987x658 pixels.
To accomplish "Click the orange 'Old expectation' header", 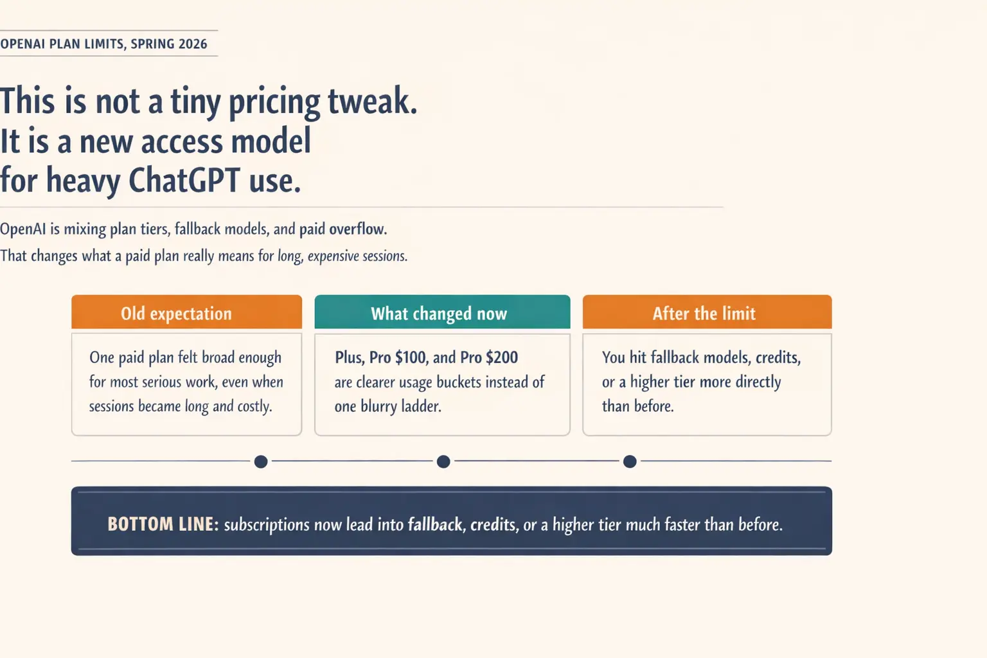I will tap(186, 312).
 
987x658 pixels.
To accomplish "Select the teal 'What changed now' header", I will tap(442, 312).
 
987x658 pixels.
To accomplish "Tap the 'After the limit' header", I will tap(707, 312).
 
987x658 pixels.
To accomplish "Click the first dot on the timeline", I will tap(261, 461).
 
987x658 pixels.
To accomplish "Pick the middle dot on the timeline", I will tap(443, 461).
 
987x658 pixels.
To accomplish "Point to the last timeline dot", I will tap(630, 461).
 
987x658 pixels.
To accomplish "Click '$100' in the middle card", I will tap(410, 357).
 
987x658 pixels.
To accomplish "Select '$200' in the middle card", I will tap(502, 357).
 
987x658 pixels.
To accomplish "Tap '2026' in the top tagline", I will tap(193, 44).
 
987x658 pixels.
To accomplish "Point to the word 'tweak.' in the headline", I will tap(373, 102).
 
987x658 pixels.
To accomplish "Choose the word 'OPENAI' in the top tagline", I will tap(22, 44).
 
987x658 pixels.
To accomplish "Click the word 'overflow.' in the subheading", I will tap(358, 229).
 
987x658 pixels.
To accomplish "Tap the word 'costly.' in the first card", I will tap(254, 406).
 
